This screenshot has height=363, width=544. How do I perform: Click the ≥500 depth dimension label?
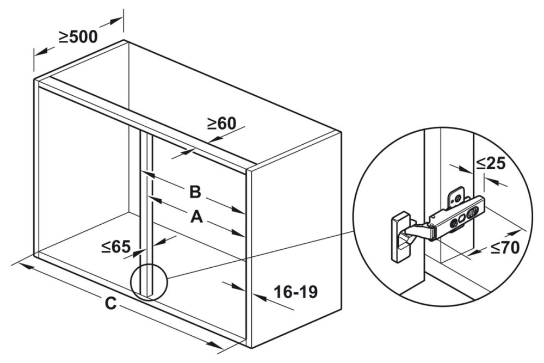pos(78,37)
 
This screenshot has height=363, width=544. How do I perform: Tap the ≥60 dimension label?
pos(222,123)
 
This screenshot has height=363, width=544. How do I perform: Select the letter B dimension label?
pos(195,192)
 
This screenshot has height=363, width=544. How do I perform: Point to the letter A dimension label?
pos(196,217)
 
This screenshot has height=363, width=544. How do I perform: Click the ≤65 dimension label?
pos(116,247)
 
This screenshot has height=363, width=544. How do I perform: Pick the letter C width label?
pos(110,304)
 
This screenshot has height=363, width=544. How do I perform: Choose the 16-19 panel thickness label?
pos(295,292)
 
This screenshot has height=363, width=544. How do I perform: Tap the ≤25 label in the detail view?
pos(490,163)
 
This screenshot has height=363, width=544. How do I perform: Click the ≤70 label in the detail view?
pos(505,248)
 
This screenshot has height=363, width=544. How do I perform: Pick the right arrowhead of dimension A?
pos(239,232)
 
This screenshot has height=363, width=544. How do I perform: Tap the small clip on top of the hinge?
pos(455,197)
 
